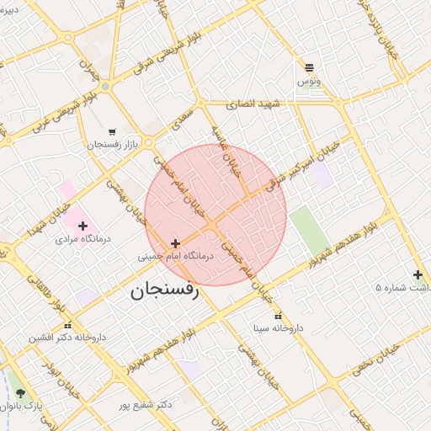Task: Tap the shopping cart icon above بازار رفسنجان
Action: click(112, 131)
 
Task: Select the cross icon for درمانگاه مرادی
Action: click(82, 226)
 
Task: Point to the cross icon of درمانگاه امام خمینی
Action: click(175, 243)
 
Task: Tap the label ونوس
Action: click(308, 82)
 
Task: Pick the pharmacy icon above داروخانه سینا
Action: click(278, 315)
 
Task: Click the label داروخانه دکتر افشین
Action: click(72, 338)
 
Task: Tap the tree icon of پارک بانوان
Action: click(20, 393)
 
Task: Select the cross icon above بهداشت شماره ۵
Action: click(418, 274)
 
